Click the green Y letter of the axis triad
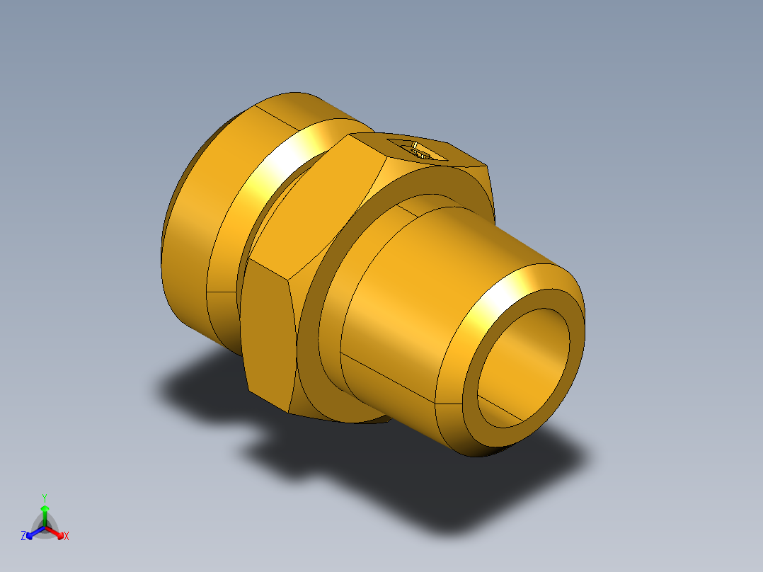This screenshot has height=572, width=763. (x=44, y=497)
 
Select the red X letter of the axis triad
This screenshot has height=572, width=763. (x=67, y=537)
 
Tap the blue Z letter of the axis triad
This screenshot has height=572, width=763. (x=23, y=537)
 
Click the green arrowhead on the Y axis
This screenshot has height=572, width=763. (x=44, y=509)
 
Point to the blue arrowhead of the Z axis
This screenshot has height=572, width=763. (x=30, y=534)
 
